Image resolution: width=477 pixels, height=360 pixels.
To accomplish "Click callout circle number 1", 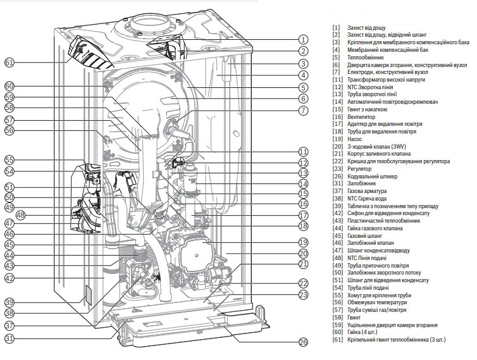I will click(x=303, y=39).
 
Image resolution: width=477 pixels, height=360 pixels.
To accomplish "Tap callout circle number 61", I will click(x=9, y=63).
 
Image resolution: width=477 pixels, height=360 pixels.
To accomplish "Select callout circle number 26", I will click(x=303, y=342).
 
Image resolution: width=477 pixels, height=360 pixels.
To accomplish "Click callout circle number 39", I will click(x=9, y=302).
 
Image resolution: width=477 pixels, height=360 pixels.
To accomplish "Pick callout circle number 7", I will click(x=303, y=111).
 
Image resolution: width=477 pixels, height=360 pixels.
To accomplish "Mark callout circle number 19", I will click(x=303, y=242).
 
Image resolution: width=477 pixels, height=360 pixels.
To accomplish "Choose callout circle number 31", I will click(x=9, y=338).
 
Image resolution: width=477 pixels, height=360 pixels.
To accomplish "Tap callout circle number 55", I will click(x=9, y=159).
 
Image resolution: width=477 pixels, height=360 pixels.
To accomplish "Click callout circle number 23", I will click(x=303, y=295).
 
